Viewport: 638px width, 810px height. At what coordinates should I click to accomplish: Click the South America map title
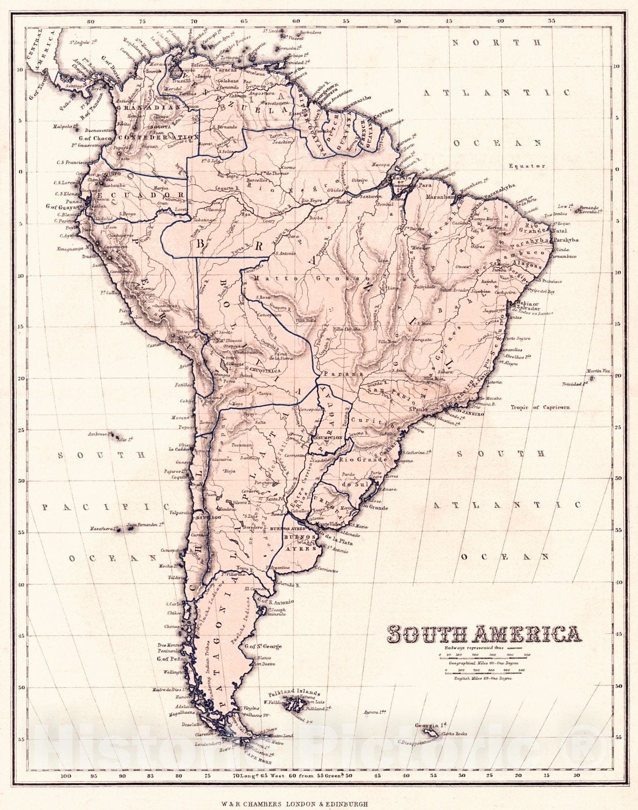point(484,634)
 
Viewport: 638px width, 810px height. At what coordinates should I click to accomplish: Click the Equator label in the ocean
point(527,166)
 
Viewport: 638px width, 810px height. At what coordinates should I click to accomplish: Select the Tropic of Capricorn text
point(540,407)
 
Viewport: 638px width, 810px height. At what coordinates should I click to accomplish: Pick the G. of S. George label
point(263,646)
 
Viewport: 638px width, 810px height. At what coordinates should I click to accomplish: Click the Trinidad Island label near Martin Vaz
point(574,384)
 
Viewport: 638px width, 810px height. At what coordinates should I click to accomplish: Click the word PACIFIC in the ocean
point(105,506)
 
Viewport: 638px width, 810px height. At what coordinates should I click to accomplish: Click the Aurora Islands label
point(372,712)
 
